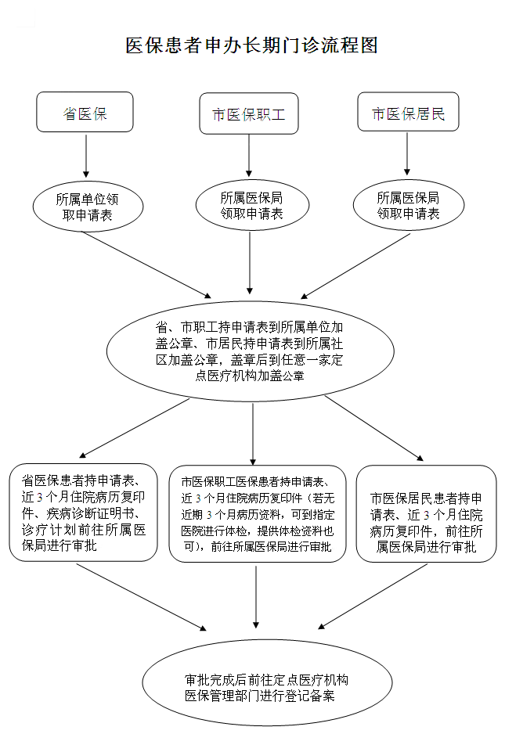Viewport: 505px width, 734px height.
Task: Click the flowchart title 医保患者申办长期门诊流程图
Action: point(252,45)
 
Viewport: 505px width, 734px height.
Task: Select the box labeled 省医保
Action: point(85,113)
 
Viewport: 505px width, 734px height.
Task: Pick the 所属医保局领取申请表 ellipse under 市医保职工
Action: point(251,205)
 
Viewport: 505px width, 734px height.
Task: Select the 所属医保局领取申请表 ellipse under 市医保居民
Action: point(407,205)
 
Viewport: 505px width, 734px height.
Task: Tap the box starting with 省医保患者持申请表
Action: point(84,513)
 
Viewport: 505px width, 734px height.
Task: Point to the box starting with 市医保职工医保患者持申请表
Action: point(256,513)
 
